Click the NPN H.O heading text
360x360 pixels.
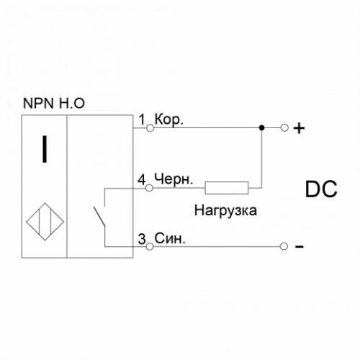[54, 103]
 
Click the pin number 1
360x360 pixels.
[143, 120]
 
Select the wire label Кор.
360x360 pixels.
[169, 120]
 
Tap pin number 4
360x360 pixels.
[142, 179]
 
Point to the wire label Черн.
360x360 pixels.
[174, 179]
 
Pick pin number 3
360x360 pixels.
[142, 239]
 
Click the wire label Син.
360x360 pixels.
[170, 238]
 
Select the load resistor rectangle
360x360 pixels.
[227, 188]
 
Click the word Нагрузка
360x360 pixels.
[225, 210]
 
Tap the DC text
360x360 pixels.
[321, 189]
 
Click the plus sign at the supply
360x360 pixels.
[299, 128]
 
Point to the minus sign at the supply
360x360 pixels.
[300, 246]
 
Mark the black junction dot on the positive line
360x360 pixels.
[262, 128]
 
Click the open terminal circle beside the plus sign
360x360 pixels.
[284, 128]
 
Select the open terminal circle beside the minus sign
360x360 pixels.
[284, 246]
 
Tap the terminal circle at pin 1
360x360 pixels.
[150, 128]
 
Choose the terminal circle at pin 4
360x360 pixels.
[149, 188]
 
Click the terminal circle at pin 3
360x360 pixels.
[150, 246]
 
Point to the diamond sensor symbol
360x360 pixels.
[45, 222]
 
